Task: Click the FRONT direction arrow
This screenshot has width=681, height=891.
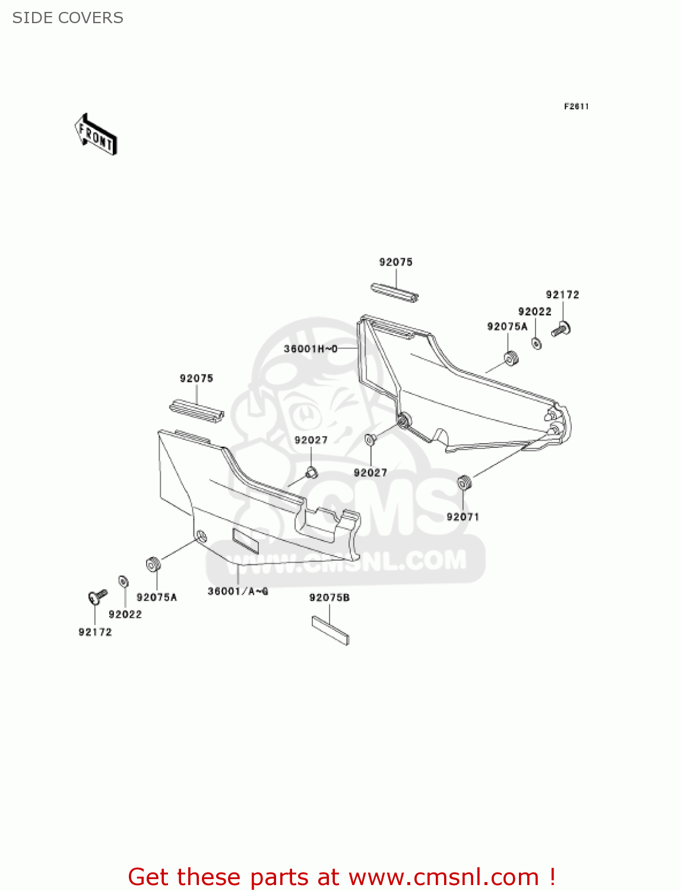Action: tap(96, 134)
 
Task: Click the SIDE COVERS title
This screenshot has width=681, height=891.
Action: tap(68, 18)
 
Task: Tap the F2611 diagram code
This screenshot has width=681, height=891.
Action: tap(576, 106)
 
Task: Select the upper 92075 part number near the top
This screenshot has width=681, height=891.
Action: tap(395, 262)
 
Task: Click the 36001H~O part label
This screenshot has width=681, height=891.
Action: tap(311, 349)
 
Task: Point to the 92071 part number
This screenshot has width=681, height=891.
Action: tap(463, 517)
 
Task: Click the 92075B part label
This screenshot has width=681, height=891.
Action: tap(329, 598)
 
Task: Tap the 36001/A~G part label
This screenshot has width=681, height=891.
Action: tap(237, 591)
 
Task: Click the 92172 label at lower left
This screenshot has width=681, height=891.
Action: tap(95, 632)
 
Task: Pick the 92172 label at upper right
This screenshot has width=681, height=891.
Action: tap(562, 295)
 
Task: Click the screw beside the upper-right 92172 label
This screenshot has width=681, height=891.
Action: tap(561, 328)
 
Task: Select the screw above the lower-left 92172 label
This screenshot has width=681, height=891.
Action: tap(97, 596)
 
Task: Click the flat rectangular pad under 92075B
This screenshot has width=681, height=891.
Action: tap(330, 630)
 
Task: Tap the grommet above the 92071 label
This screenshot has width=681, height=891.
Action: tap(464, 483)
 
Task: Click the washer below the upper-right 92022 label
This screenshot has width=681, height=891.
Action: tap(536, 343)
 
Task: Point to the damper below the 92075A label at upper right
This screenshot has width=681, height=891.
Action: tap(511, 358)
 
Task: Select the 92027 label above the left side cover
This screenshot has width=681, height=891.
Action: tap(311, 440)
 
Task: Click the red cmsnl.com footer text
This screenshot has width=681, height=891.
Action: tap(341, 877)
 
